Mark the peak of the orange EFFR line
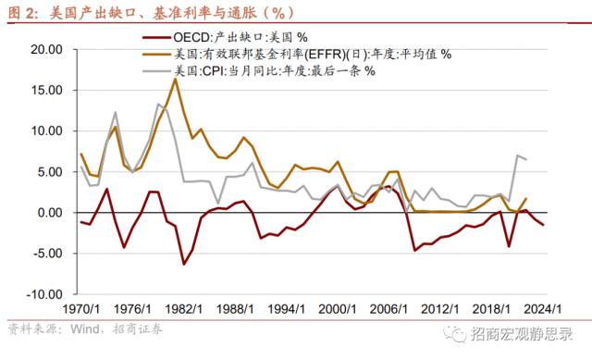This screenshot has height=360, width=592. coord(175,79)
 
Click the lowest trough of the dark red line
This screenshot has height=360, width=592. coord(184,264)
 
